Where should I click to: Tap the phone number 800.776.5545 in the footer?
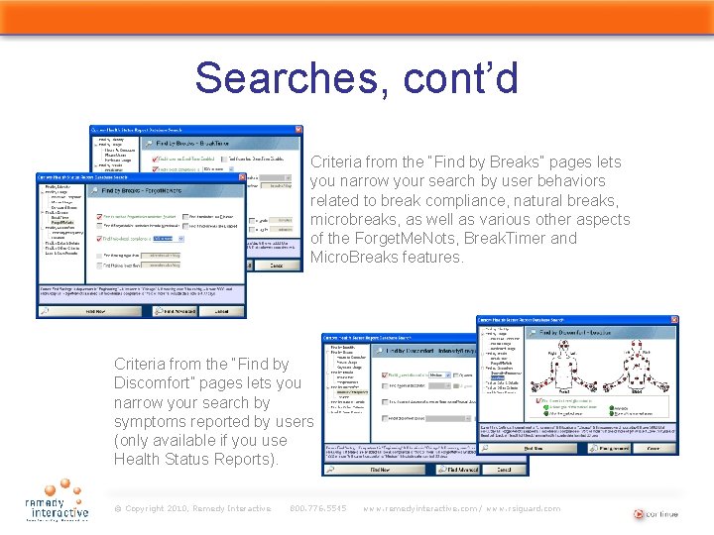click(317, 508)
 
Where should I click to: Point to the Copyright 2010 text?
click(192, 508)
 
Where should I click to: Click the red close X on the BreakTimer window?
click(297, 130)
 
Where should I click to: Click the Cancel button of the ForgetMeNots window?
click(228, 310)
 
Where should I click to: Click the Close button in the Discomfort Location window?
click(653, 448)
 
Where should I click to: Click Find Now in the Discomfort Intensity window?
click(380, 470)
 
